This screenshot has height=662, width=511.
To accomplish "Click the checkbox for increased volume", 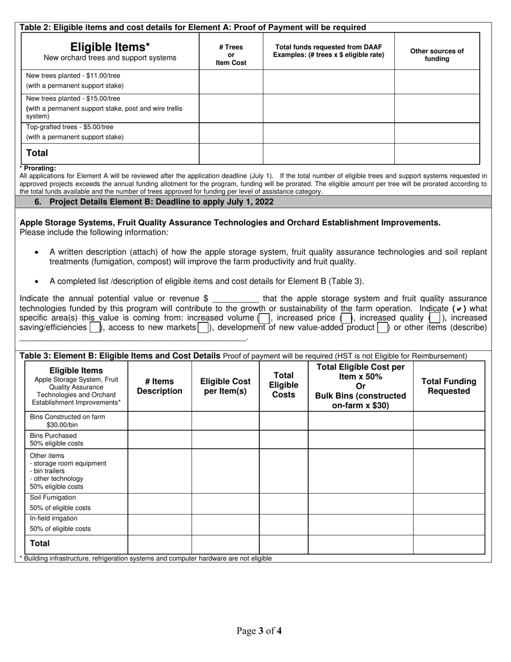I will tap(264, 318).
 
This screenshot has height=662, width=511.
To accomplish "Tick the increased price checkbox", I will tap(346, 318).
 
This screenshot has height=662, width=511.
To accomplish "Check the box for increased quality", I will tap(435, 318).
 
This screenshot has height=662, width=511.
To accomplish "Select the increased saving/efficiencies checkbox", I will tap(95, 327).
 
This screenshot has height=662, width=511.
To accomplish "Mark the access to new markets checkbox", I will tap(203, 327).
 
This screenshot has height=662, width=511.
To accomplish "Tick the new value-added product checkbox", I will tap(382, 327).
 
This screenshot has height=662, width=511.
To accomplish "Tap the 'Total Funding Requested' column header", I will tap(449, 386).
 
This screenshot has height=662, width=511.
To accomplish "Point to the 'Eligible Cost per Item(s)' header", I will tap(225, 386).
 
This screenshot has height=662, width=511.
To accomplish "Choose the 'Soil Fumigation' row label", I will tap(53, 497).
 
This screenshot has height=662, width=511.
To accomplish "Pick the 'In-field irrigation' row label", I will tap(54, 518).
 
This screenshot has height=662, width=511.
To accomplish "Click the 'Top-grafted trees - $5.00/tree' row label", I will tap(70, 127).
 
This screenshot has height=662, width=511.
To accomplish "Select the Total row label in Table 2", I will tap(37, 153).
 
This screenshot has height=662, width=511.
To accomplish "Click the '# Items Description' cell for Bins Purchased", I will tap(159, 439).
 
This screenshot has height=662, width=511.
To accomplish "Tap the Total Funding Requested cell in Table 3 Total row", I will tap(449, 544).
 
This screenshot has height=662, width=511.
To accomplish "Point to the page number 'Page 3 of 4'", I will tap(259, 631).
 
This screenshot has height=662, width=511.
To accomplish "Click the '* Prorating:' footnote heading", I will tap(38, 168).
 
